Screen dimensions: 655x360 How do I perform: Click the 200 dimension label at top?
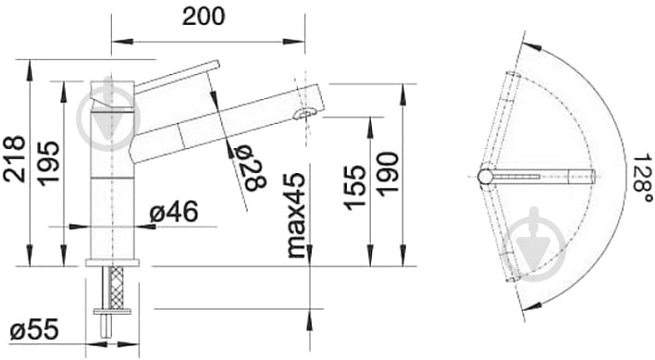tap(204, 17)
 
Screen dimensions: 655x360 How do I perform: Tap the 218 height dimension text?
tap(14, 158)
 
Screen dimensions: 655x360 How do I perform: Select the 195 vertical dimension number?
tap(48, 163)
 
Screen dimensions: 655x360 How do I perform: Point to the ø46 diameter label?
tap(174, 212)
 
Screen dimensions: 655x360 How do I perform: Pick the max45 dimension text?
tap(296, 215)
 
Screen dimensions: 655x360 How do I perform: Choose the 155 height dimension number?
tap(354, 188)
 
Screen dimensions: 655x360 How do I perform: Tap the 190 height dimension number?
tap(388, 174)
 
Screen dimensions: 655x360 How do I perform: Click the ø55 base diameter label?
tap(34, 329)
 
